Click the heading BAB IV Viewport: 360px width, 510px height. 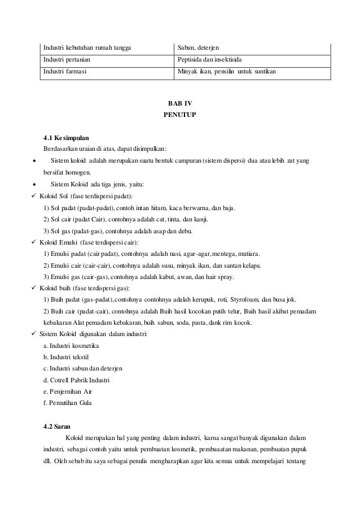point(179,104)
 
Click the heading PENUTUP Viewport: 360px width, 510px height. point(179,115)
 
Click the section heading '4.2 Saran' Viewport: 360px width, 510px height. point(58,426)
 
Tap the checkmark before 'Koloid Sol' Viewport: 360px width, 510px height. point(36,196)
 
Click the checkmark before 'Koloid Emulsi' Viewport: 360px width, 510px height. point(36,242)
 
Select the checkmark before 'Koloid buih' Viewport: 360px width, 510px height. point(36,289)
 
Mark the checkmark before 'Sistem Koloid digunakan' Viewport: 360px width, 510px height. point(36,335)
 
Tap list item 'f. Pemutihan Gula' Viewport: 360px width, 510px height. point(66,403)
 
